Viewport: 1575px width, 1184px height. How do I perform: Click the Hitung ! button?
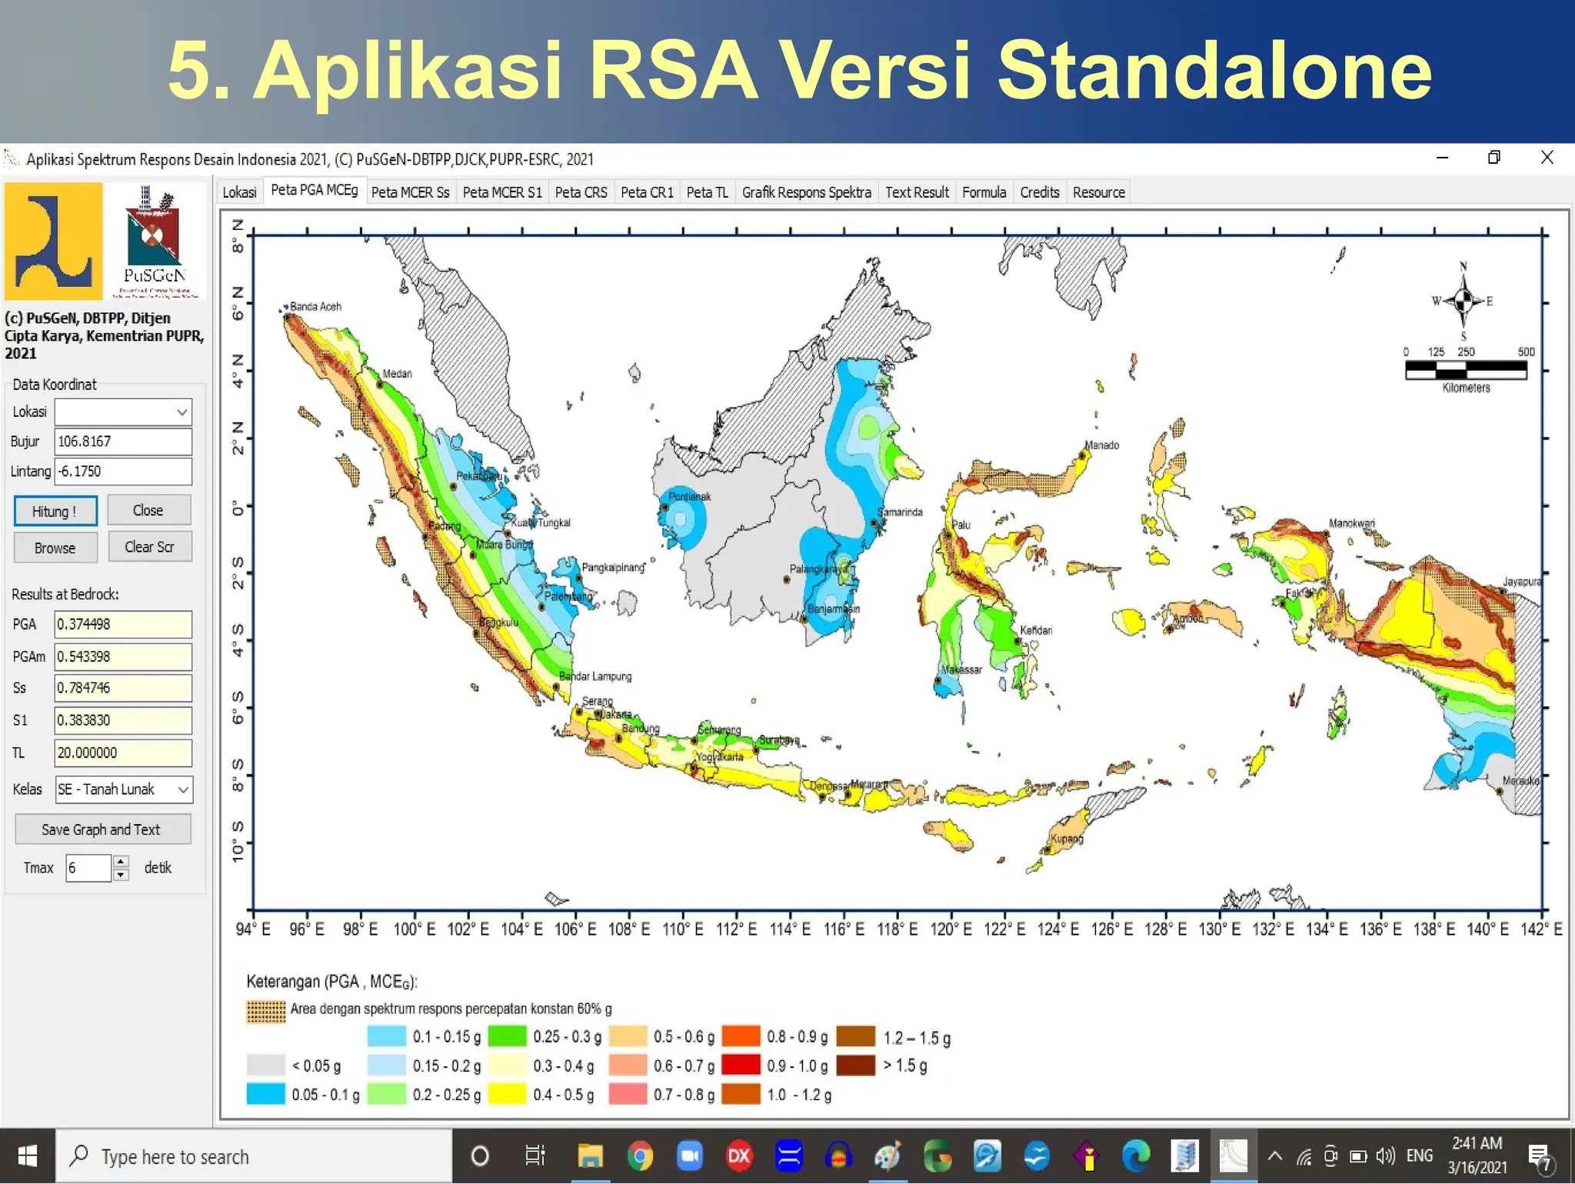point(55,512)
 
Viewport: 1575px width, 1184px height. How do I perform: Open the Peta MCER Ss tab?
point(410,192)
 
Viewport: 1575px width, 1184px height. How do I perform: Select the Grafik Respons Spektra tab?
point(806,192)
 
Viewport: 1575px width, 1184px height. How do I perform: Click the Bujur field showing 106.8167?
point(122,442)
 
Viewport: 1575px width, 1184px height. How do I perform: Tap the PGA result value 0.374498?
point(122,625)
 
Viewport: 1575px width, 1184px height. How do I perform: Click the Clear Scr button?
point(149,547)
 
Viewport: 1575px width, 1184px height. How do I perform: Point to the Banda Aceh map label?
point(315,307)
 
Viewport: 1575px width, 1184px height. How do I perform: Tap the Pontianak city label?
point(689,497)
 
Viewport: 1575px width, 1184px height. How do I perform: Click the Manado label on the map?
point(1101,445)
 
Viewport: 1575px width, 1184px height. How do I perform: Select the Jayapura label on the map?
point(1521,582)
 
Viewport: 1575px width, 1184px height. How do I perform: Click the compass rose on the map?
point(1463,301)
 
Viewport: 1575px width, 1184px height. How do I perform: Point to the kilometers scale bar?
point(1466,370)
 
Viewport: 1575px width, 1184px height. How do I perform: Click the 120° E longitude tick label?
point(951,929)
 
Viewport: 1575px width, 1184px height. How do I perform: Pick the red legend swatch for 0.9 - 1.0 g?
point(741,1066)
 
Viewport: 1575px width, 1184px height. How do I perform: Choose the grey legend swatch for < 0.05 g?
point(265,1066)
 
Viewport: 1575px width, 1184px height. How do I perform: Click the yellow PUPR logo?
point(53,242)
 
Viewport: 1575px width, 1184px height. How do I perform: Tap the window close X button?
point(1547,158)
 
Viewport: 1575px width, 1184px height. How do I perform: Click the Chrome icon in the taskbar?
point(640,1156)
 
